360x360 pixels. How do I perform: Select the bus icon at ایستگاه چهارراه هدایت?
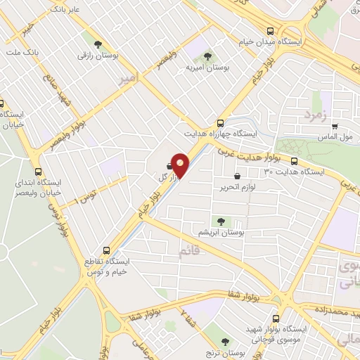[221, 120]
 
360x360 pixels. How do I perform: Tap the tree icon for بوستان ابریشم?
[221, 221]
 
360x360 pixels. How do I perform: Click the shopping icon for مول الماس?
[335, 127]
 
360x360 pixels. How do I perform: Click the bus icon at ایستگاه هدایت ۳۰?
[294, 160]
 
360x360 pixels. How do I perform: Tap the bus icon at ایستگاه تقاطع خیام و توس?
[107, 250]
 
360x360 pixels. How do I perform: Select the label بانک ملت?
[22, 53]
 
